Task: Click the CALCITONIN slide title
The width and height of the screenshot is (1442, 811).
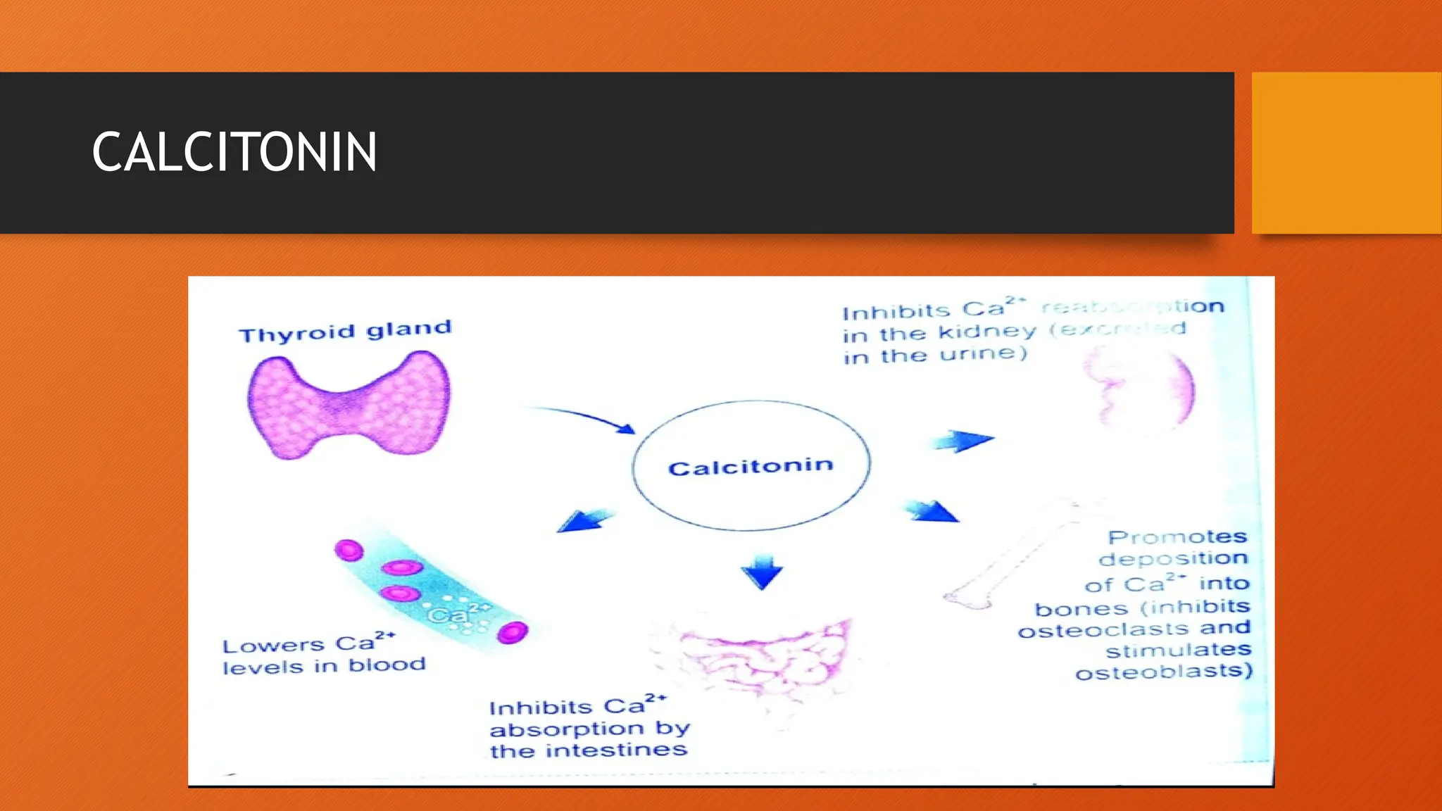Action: (x=234, y=152)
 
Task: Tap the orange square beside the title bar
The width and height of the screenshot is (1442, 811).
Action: (x=1346, y=153)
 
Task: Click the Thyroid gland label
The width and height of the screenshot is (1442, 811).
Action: (x=345, y=332)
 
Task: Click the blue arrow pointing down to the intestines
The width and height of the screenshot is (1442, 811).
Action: (x=762, y=572)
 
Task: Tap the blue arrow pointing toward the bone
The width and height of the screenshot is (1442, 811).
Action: (x=931, y=511)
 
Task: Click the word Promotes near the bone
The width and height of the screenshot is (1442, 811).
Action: (x=1177, y=537)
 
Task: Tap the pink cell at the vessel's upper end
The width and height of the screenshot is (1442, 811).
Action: (x=349, y=550)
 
